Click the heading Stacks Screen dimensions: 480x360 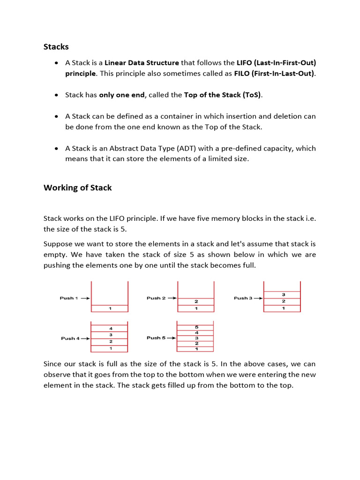(x=56, y=46)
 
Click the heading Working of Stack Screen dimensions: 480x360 (x=77, y=187)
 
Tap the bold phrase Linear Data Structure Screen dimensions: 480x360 (x=142, y=63)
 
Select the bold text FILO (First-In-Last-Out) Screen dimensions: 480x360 (x=274, y=74)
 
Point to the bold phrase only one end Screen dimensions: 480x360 (x=122, y=95)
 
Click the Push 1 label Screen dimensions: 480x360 (x=69, y=298)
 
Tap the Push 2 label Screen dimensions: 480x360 (x=156, y=298)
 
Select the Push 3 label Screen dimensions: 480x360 (x=243, y=298)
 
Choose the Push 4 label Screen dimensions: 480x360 (x=70, y=338)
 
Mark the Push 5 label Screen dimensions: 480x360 (x=156, y=338)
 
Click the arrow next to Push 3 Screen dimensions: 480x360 (x=258, y=298)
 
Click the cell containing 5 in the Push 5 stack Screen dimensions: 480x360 (x=196, y=327)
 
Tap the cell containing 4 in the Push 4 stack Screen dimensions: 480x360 (x=110, y=329)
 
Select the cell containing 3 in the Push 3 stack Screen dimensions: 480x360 (x=283, y=295)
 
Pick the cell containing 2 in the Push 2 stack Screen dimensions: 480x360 (x=196, y=301)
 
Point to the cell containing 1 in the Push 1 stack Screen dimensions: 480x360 (x=110, y=308)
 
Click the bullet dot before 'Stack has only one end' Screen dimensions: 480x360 (x=56, y=95)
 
